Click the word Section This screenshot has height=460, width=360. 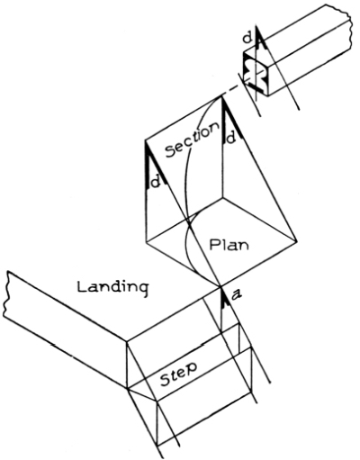click(x=193, y=140)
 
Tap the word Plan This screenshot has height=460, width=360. click(x=229, y=245)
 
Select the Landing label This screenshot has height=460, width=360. click(x=113, y=288)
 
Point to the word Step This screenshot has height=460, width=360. click(x=178, y=374)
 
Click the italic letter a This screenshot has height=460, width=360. click(x=237, y=296)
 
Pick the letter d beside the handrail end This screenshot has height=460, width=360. click(x=247, y=38)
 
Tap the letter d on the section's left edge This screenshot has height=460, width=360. click(x=156, y=181)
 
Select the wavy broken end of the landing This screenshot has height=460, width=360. click(x=7, y=294)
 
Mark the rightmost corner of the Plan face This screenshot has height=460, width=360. click(x=296, y=240)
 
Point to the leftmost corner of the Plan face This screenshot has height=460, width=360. click(x=146, y=240)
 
